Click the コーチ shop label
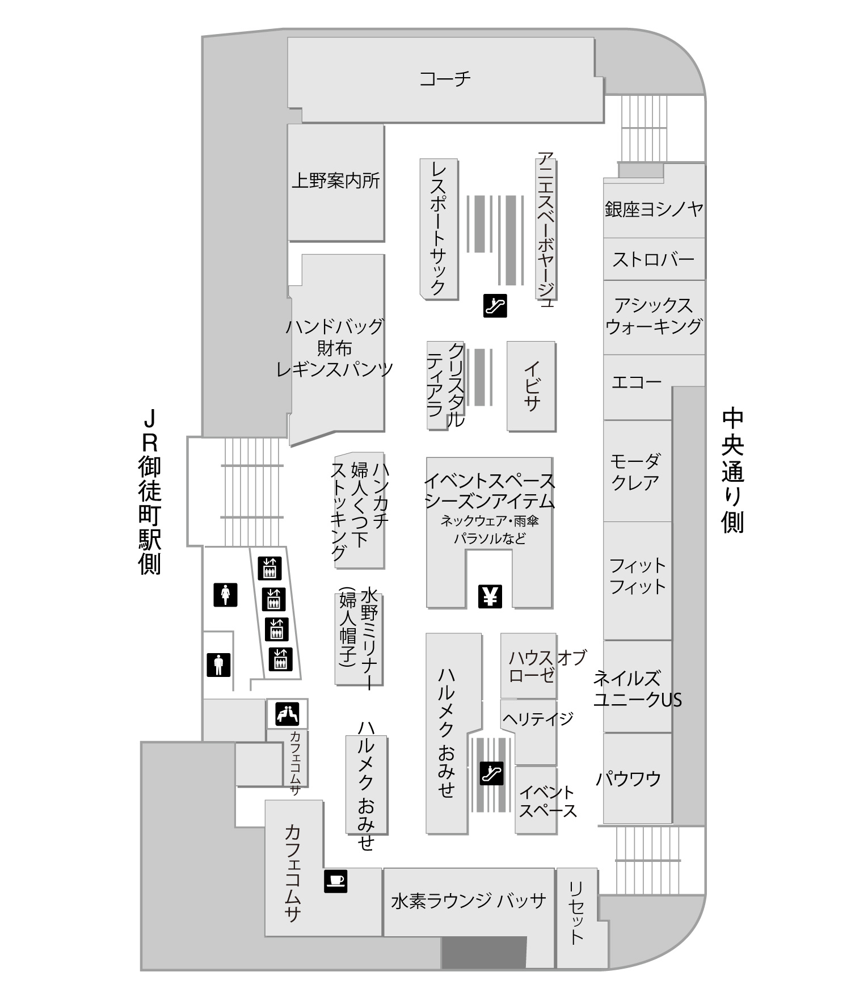445,78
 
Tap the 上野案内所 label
335,180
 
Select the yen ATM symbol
490,596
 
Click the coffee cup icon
335,881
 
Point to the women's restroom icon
225,595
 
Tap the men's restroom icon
218,664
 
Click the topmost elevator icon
269,568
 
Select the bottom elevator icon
280,659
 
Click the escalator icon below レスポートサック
495,305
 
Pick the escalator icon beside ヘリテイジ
491,773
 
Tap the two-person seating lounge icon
287,713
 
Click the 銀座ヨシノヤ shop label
654,209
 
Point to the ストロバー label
654,259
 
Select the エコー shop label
637,381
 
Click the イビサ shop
531,385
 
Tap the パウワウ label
629,778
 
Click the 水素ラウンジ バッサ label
469,901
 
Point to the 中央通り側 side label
732,470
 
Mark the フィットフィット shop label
638,575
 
